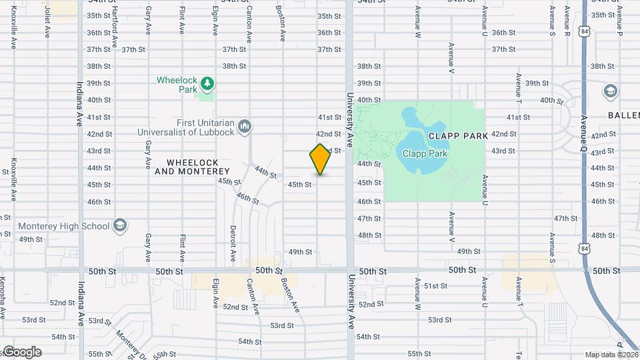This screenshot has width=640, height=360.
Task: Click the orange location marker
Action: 320,159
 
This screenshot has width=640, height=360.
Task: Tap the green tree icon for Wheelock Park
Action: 207,83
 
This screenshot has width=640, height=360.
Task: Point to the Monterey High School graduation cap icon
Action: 120,225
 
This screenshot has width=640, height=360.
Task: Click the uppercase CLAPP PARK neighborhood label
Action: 458,135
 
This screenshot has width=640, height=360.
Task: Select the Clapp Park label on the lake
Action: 425,153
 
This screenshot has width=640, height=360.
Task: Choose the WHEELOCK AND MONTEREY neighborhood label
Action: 192,167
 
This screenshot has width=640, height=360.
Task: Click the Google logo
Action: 21,352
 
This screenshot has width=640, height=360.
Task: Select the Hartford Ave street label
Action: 115,33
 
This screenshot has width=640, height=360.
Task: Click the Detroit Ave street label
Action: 233,243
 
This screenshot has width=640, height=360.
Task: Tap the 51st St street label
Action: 435,286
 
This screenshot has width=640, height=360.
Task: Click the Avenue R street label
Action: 567,20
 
